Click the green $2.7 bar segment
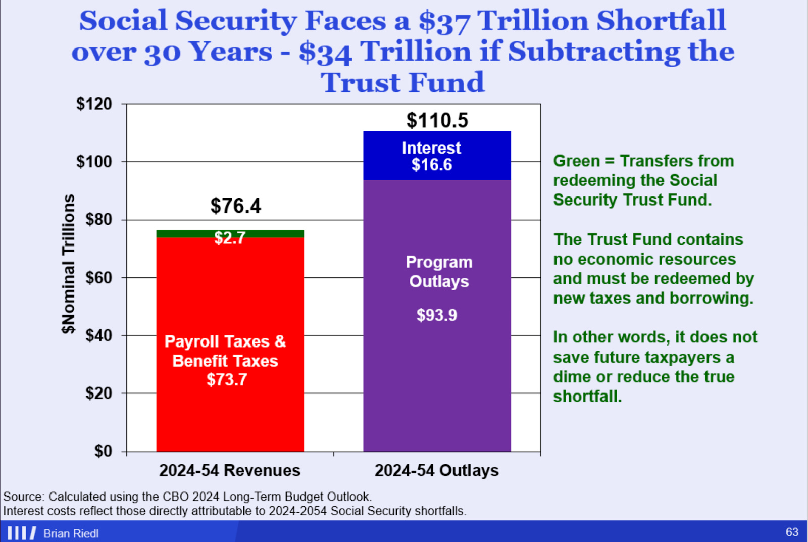tap(230, 234)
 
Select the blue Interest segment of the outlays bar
tap(437, 156)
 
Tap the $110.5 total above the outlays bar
tap(437, 120)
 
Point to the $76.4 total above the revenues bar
tap(235, 206)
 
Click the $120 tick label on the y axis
tap(94, 104)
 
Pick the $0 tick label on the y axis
tap(103, 451)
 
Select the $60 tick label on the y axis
tap(98, 278)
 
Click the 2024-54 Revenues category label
tap(230, 471)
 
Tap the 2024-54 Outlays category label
tap(437, 471)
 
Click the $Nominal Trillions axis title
tap(69, 264)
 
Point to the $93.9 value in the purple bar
tap(437, 315)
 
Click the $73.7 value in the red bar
tap(227, 380)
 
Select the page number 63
tap(792, 532)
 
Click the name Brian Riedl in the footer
tap(71, 533)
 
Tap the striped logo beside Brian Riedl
tap(22, 533)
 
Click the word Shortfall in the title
tap(661, 21)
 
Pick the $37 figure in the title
tap(444, 22)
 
